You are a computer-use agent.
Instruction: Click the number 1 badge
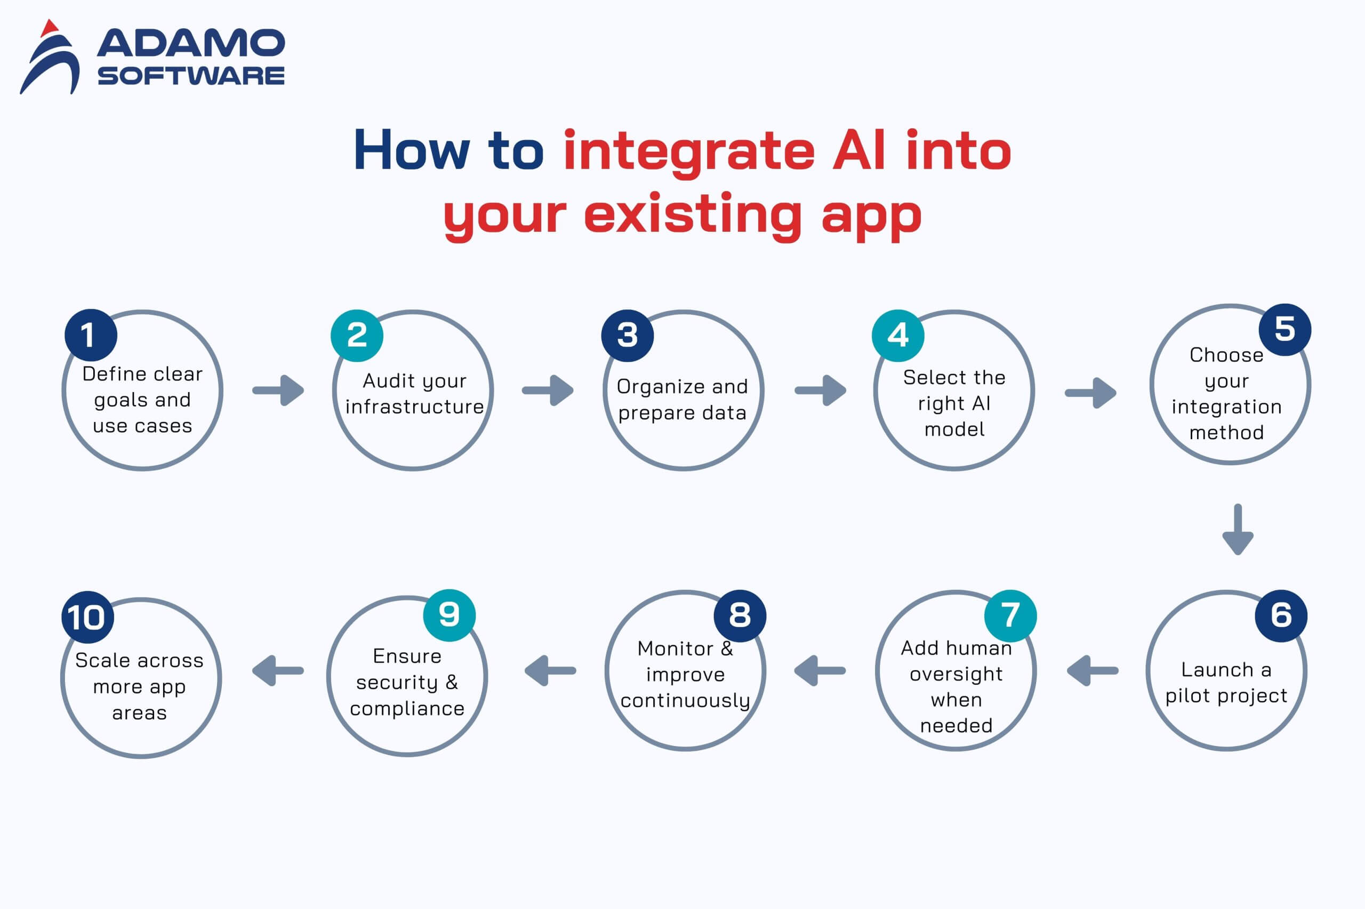(x=91, y=335)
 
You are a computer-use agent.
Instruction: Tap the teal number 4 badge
(x=897, y=335)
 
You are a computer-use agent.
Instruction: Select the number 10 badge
(x=87, y=617)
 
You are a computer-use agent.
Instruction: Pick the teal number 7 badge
(x=1010, y=615)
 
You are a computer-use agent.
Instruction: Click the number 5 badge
(x=1284, y=329)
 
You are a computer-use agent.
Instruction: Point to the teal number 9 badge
(x=449, y=615)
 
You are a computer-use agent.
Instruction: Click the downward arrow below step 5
(x=1238, y=529)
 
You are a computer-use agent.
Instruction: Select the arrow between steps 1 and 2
(x=278, y=390)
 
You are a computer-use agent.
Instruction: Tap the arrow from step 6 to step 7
(x=1093, y=671)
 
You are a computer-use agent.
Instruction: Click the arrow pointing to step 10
(x=278, y=671)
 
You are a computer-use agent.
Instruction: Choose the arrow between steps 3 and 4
(x=820, y=390)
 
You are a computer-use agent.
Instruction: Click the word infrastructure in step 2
(x=414, y=407)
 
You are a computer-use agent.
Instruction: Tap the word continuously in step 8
(x=685, y=700)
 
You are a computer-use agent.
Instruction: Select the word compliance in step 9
(x=407, y=709)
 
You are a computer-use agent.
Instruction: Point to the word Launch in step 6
(x=1209, y=670)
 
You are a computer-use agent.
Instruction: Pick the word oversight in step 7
(x=956, y=674)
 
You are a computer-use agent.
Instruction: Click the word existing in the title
(x=693, y=215)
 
